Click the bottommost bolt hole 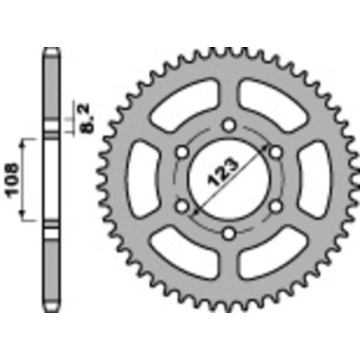click(229, 233)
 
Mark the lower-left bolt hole click(182, 206)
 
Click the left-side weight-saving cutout click(145, 178)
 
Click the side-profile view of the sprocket click(50, 178)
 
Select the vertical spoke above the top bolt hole click(229, 92)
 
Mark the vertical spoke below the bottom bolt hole click(229, 267)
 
